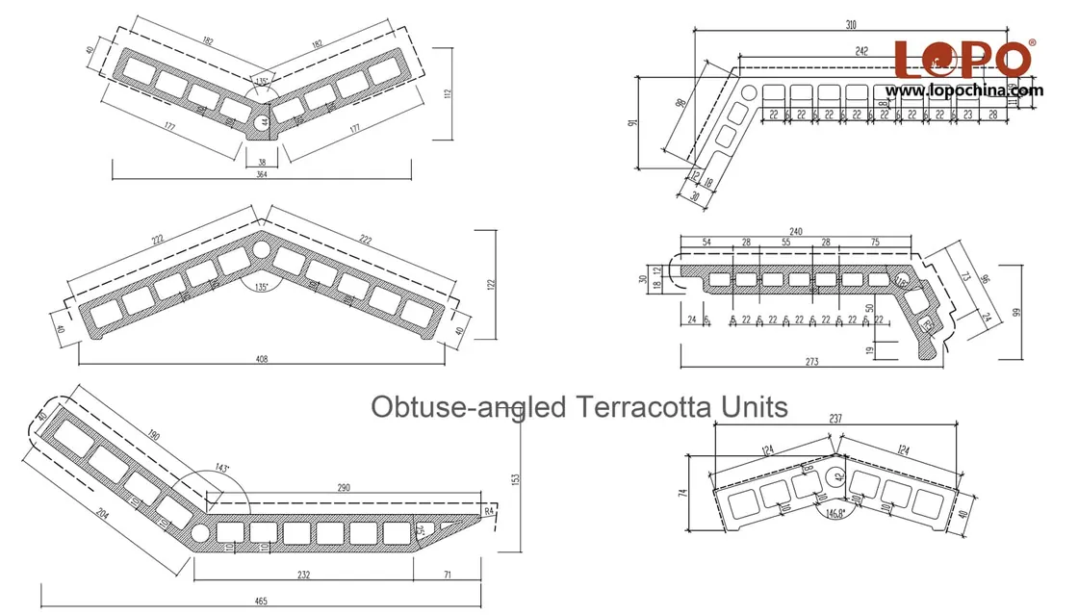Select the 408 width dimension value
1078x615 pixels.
(262, 359)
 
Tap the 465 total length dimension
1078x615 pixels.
(262, 602)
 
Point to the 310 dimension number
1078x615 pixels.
(852, 25)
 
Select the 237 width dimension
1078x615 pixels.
(836, 419)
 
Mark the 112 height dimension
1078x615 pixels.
(449, 93)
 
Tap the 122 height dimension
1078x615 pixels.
(491, 284)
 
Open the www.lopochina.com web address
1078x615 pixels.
(964, 90)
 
